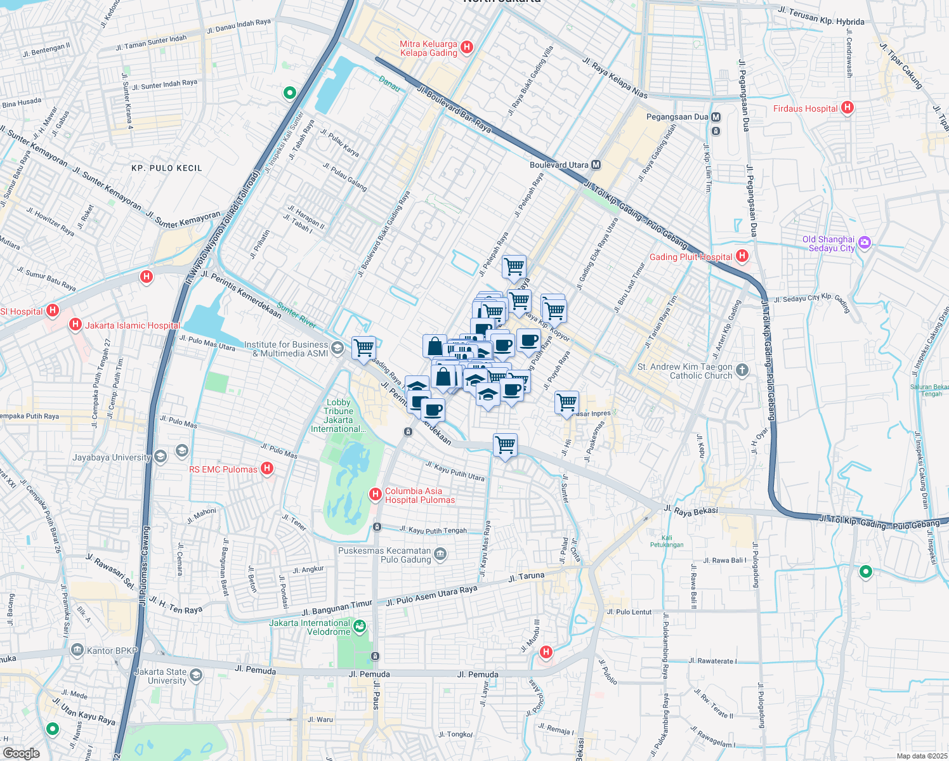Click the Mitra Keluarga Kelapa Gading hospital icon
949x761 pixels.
pyautogui.click(x=467, y=47)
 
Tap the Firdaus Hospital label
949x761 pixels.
pyautogui.click(x=805, y=108)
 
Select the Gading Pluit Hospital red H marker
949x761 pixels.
pyautogui.click(x=742, y=257)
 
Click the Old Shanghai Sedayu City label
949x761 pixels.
pyautogui.click(x=828, y=244)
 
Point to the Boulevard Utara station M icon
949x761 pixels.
pyautogui.click(x=596, y=165)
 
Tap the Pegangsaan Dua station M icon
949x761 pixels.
pyautogui.click(x=716, y=117)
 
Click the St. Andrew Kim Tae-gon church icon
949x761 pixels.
pyautogui.click(x=742, y=370)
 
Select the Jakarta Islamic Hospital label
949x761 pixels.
pyautogui.click(x=133, y=325)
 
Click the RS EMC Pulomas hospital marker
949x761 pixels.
pyautogui.click(x=267, y=469)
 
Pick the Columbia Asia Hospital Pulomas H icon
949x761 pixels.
pyautogui.click(x=376, y=494)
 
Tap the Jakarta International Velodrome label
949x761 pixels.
pyautogui.click(x=310, y=627)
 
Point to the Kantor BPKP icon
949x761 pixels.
pyautogui.click(x=77, y=650)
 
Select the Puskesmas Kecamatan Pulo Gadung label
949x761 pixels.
pyautogui.click(x=384, y=555)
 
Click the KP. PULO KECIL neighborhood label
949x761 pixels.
pyautogui.click(x=167, y=168)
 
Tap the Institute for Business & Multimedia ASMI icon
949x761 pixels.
pyautogui.click(x=337, y=348)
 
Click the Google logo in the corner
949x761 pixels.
pyautogui.click(x=21, y=753)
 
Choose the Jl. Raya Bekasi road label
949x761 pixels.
pyautogui.click(x=691, y=511)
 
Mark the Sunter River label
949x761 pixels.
pyautogui.click(x=296, y=316)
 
